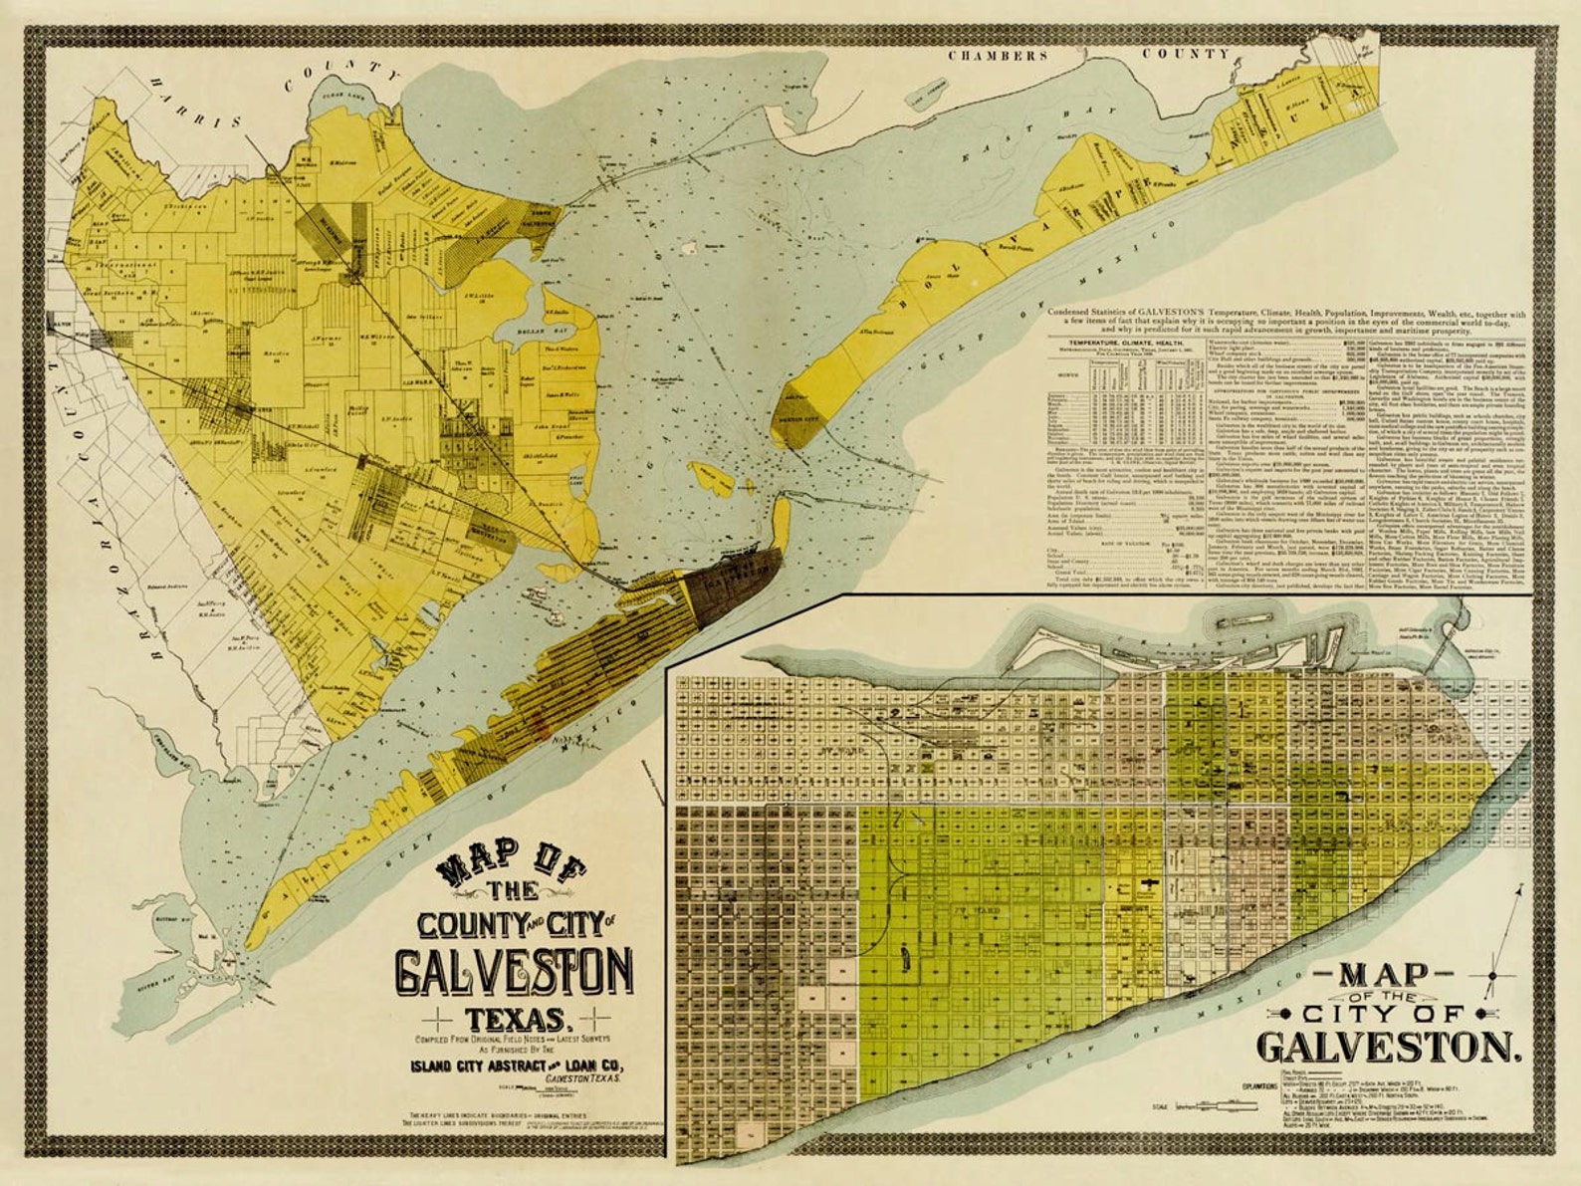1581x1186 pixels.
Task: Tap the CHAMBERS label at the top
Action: (997, 56)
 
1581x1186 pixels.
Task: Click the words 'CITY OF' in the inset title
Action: (1384, 1014)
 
